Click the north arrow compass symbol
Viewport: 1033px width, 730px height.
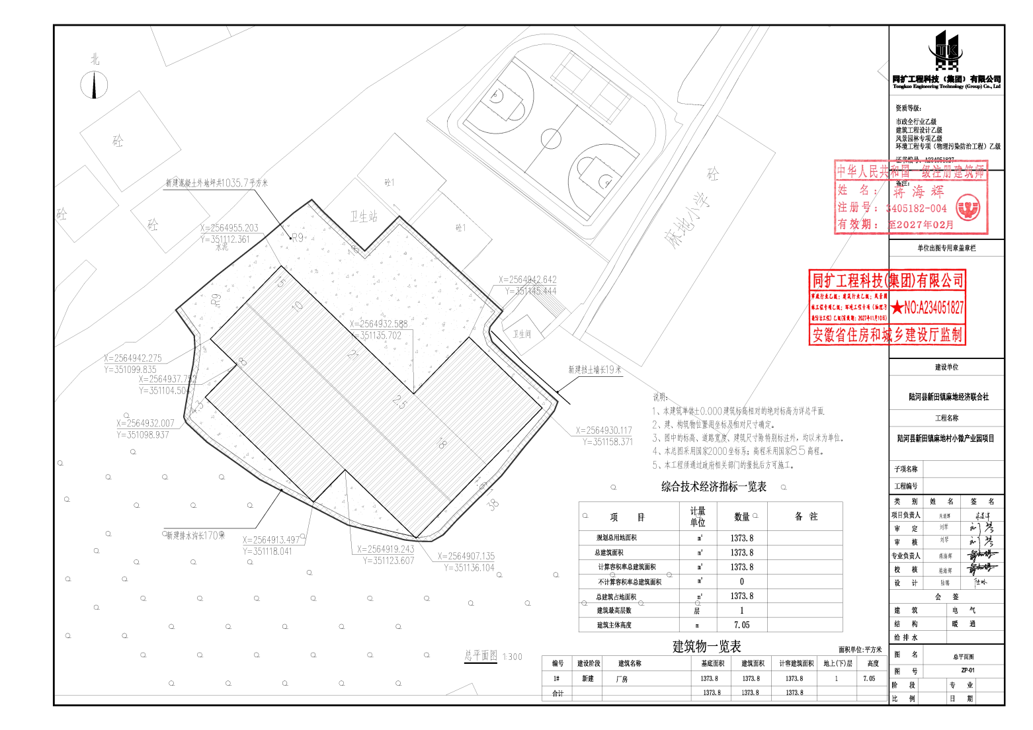click(x=94, y=85)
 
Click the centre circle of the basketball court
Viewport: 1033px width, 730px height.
click(x=550, y=139)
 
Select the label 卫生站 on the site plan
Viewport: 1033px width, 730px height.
click(x=363, y=216)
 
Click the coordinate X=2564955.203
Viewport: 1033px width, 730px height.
click(x=229, y=228)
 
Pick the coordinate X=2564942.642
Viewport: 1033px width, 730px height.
click(x=527, y=280)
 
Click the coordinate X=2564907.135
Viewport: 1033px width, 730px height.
click(x=466, y=556)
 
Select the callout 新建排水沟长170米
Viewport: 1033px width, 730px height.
click(x=195, y=536)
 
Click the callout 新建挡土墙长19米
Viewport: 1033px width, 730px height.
click(x=595, y=370)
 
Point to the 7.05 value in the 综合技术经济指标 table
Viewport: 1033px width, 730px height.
click(x=741, y=625)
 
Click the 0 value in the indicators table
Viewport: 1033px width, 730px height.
click(x=741, y=582)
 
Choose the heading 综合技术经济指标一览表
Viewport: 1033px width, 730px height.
click(x=714, y=487)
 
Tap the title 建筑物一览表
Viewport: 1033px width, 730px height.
click(x=706, y=647)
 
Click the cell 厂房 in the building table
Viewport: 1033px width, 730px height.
click(x=622, y=679)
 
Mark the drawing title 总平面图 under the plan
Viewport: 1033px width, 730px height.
click(x=481, y=655)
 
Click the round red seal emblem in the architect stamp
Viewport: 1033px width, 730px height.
click(x=968, y=208)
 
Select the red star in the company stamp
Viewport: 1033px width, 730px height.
click(x=897, y=307)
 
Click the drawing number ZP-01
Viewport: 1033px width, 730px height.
click(x=968, y=670)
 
